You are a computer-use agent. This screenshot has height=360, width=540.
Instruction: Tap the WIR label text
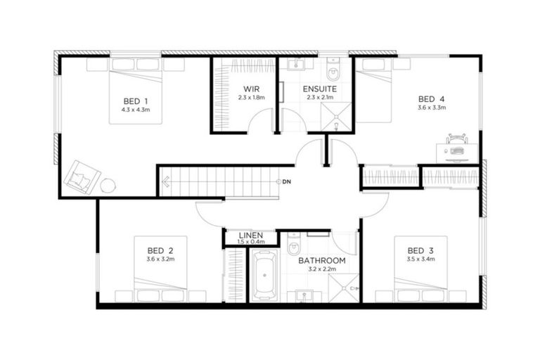coord(251,89)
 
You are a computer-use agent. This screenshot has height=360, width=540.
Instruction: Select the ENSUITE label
coord(319,89)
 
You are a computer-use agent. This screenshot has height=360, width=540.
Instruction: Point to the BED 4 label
coord(431,98)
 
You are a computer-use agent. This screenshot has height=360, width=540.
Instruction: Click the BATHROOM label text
coord(321,261)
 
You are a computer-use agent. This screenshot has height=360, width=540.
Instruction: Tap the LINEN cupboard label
coord(250,236)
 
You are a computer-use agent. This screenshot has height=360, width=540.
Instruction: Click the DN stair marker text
coord(288,182)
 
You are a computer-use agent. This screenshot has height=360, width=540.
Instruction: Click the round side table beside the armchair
coord(108,186)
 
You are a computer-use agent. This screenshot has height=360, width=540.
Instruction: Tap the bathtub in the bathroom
coord(264,277)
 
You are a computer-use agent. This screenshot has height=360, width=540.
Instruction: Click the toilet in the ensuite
coord(334,70)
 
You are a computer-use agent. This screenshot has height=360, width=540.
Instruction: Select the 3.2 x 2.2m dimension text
coord(321,269)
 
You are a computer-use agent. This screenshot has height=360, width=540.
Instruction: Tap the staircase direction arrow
coord(165,183)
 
